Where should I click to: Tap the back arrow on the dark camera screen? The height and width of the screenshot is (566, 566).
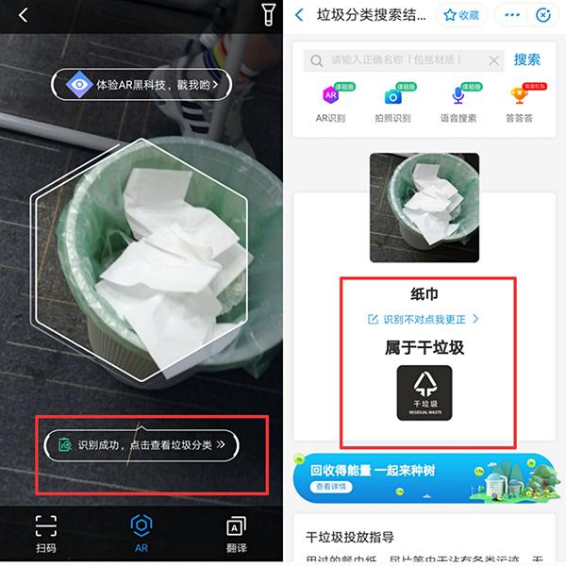tap(24, 15)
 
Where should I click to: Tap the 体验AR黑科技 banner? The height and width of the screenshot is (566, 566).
tap(141, 84)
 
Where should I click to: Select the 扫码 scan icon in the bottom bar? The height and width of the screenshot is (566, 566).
tap(45, 525)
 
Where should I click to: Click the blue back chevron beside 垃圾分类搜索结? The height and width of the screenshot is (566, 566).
tap(300, 15)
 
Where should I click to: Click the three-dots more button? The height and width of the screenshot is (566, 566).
tap(513, 15)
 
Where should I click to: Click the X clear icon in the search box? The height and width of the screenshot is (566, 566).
tap(494, 60)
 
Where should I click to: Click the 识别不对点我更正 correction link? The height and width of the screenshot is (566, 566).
tap(424, 319)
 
